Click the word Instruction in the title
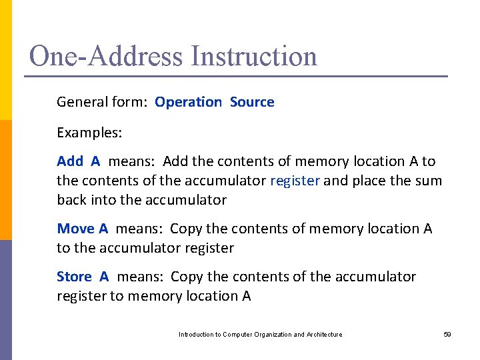[x=254, y=56]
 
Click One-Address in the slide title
[x=107, y=56]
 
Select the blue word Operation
[x=188, y=102]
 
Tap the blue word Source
[x=252, y=102]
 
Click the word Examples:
[x=89, y=132]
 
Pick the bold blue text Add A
[x=79, y=161]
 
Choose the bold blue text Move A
[x=83, y=229]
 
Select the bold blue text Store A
[x=83, y=276]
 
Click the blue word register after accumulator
[x=296, y=180]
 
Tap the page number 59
[x=447, y=334]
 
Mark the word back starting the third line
[x=71, y=199]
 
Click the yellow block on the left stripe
[x=6, y=60]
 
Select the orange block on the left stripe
[x=6, y=180]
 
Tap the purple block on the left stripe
[x=6, y=300]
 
